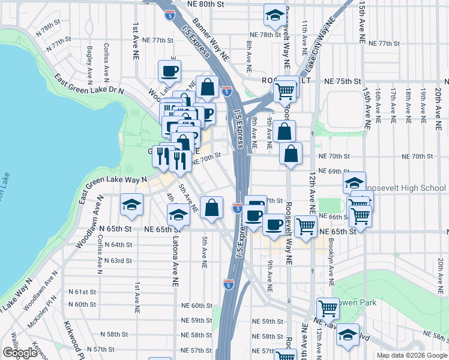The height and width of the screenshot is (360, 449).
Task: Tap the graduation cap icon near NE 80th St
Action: click(x=275, y=16)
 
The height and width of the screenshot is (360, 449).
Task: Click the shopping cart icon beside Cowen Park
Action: click(x=328, y=309)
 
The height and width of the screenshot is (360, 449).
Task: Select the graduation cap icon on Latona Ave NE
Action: click(x=178, y=215)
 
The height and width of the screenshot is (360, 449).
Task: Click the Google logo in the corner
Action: click(x=19, y=353)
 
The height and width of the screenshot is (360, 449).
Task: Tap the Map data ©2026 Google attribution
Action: click(x=411, y=355)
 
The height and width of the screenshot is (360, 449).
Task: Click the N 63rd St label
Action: click(x=117, y=260)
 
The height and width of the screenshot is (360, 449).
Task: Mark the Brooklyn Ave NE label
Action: click(x=330, y=263)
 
